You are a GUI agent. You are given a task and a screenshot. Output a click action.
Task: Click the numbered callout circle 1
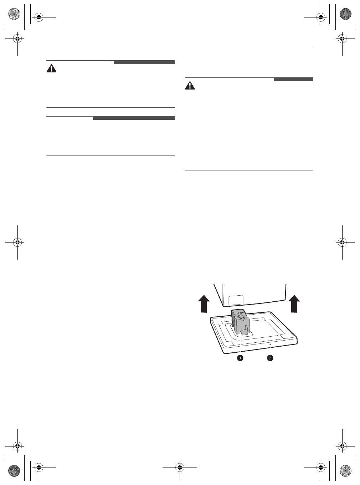coord(240,358)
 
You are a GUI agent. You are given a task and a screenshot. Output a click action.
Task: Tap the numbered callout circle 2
coord(270,358)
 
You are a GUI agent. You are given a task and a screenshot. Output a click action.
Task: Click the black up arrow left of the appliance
coord(204,303)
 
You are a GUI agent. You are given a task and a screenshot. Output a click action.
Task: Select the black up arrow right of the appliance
coord(294,303)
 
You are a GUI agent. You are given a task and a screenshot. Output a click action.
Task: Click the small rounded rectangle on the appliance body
coord(236,300)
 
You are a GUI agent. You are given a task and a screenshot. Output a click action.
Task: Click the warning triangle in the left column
coord(52,69)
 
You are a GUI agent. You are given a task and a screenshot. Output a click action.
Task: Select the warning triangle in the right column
coord(190,86)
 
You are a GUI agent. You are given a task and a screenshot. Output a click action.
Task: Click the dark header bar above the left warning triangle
coord(144,62)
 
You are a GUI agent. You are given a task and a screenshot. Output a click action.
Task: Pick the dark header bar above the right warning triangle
coord(293,80)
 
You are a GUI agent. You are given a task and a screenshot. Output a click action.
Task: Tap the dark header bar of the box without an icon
coord(134,118)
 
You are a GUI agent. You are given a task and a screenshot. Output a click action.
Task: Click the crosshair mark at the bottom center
coord(180,466)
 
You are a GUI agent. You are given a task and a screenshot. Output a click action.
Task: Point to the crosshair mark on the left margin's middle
coord(17,242)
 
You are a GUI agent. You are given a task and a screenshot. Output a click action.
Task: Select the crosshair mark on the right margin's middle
coord(342,242)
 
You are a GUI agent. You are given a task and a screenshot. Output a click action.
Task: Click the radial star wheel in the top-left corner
coord(13,15)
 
